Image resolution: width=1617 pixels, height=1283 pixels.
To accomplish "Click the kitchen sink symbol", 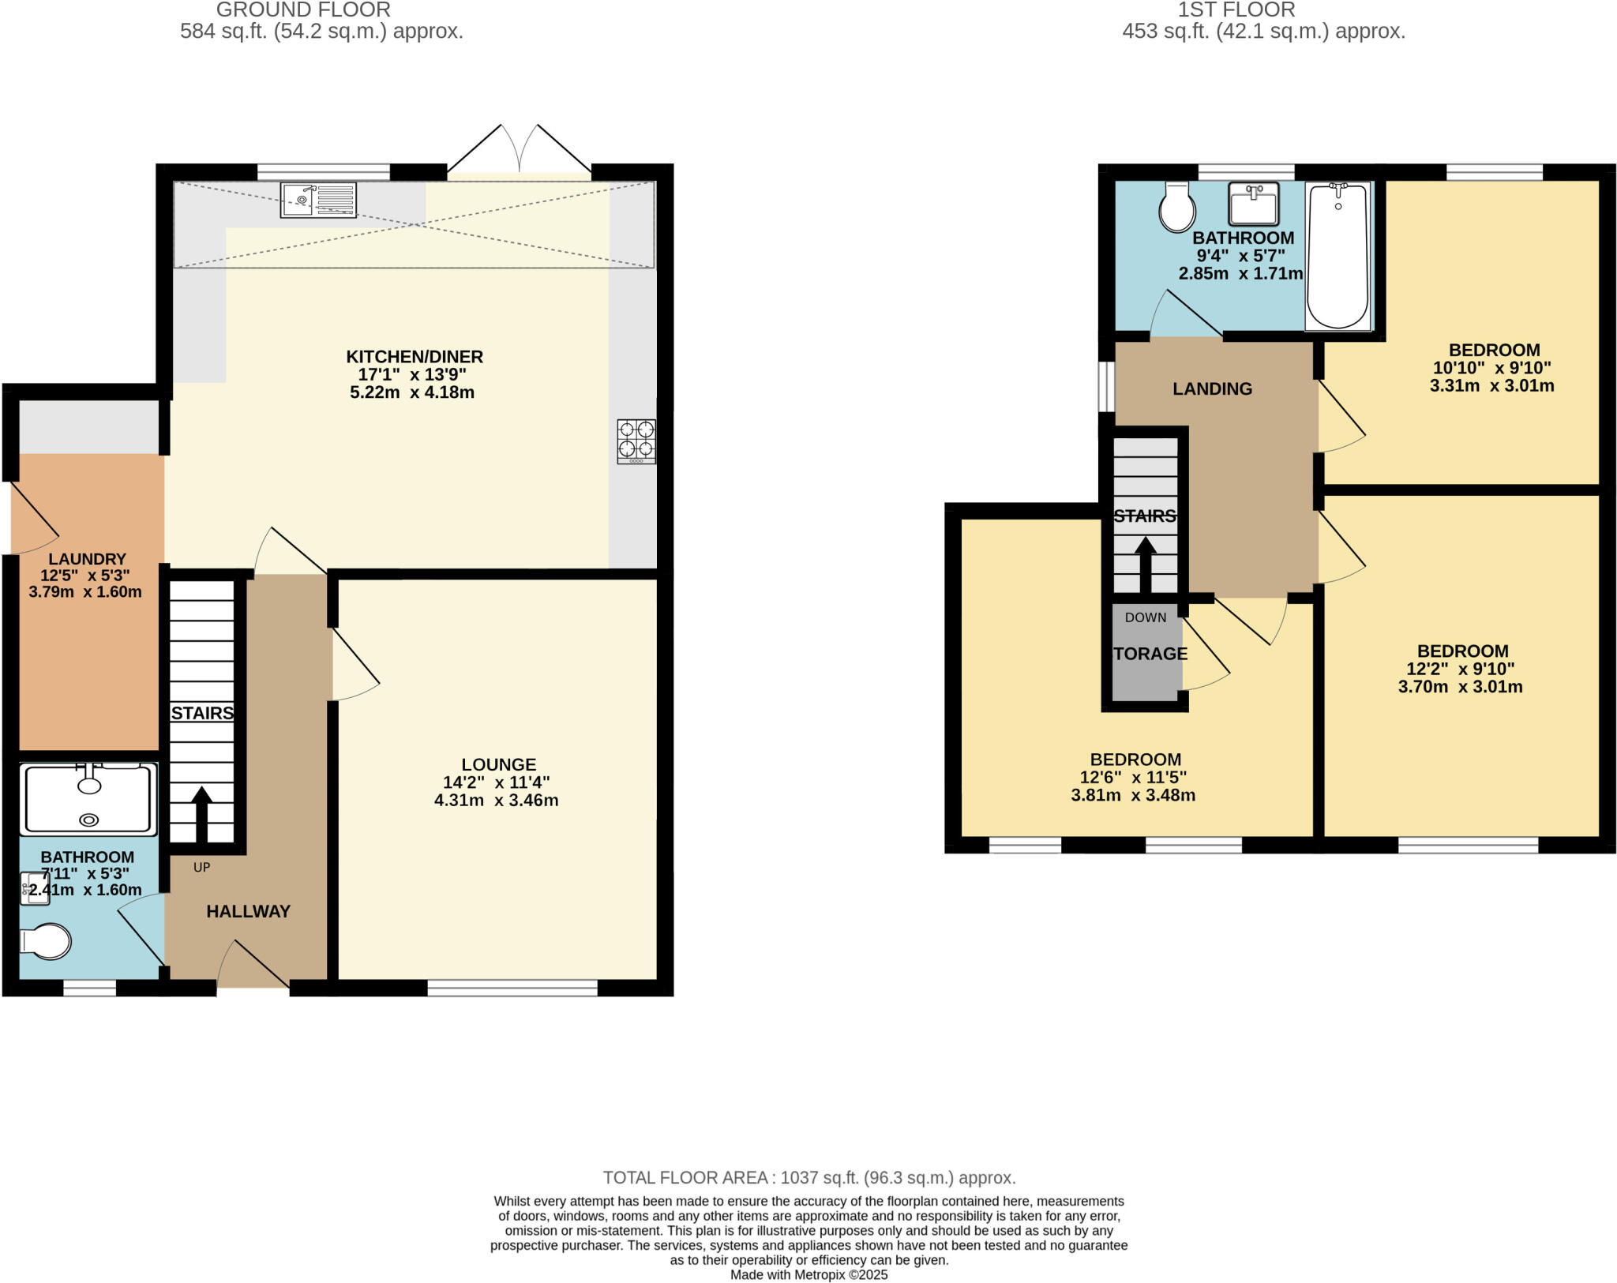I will (x=318, y=200).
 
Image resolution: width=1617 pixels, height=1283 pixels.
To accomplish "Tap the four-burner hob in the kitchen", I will (x=636, y=441).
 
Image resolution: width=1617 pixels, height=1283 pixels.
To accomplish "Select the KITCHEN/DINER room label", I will (x=415, y=357).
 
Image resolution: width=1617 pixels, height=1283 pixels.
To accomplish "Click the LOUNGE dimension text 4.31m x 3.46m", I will (x=496, y=801).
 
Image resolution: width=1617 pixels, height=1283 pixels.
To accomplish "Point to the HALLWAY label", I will (x=248, y=912).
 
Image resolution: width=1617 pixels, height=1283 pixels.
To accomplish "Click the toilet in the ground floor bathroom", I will (x=47, y=941).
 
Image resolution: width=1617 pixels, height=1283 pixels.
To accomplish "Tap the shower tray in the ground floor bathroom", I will (x=88, y=799).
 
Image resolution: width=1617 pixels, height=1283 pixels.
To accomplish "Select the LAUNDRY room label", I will (x=87, y=559).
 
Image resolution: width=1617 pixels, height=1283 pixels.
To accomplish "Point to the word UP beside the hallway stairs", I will (x=201, y=868).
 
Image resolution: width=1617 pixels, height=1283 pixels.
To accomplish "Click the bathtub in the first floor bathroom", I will (x=1338, y=256).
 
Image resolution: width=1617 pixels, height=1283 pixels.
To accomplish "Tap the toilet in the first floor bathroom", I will (x=1176, y=208).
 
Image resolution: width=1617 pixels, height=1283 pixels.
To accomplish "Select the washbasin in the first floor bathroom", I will (x=1253, y=204).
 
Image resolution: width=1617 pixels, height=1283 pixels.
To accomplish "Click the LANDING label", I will (x=1212, y=389).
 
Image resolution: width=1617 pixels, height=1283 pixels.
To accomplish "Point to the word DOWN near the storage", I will (x=1145, y=617).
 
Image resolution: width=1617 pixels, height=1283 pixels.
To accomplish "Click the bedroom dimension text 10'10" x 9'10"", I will (x=1491, y=368).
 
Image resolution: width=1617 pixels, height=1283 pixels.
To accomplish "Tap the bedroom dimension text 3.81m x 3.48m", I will (x=1132, y=796).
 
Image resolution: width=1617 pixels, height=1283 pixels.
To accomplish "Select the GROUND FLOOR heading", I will (x=303, y=10).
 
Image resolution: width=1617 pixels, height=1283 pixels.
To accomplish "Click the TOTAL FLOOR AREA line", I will (x=808, y=1178).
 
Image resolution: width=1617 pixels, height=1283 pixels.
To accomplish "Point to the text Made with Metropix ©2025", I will (x=808, y=1275).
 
